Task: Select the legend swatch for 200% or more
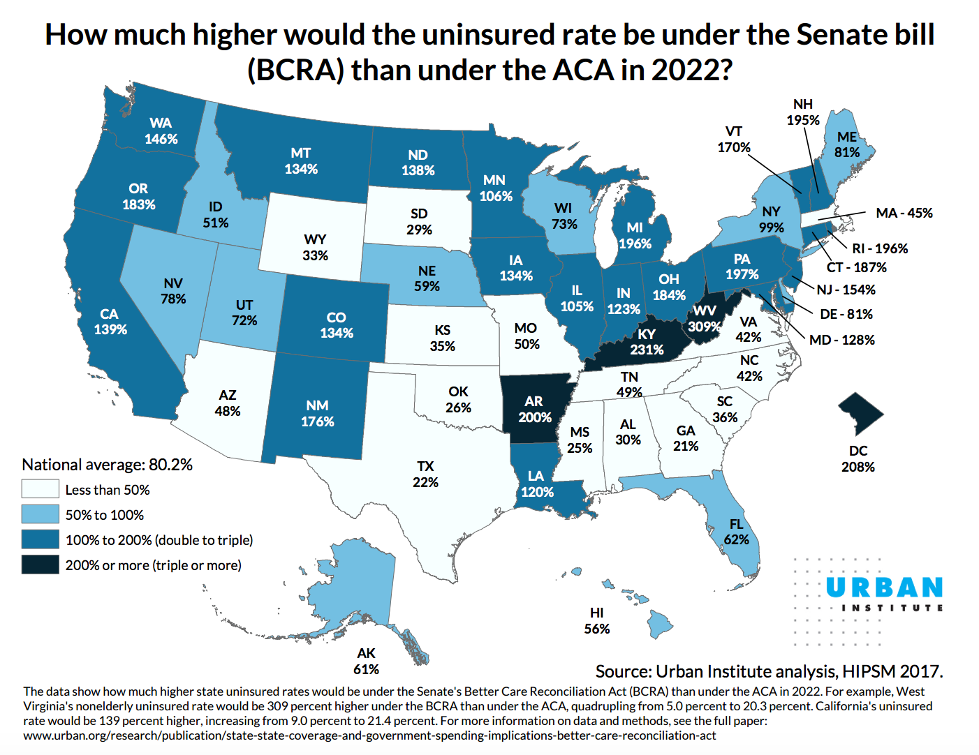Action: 40,565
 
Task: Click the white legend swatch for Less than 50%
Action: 40,489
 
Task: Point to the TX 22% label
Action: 425,474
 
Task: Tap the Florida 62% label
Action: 736,532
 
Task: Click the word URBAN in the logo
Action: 884,588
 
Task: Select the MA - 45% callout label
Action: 904,213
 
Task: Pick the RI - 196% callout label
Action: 880,248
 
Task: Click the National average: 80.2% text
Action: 107,465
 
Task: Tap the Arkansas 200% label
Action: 534,410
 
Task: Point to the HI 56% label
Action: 596,621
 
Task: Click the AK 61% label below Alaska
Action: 366,661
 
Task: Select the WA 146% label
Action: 161,131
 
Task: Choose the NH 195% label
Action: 803,112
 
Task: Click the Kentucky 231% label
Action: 647,342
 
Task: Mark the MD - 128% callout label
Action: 841,340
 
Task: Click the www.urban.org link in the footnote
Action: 369,735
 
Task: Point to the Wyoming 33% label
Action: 315,248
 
